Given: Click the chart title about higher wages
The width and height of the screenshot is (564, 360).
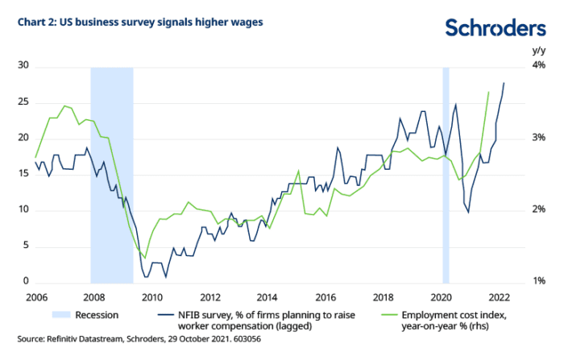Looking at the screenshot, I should (130, 22).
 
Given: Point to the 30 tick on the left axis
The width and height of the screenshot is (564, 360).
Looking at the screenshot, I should (23, 65).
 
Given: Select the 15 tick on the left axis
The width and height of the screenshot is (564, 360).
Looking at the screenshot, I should (23, 174).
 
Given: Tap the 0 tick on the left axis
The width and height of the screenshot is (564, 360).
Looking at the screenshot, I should (27, 282).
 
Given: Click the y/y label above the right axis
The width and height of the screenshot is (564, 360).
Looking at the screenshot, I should (539, 50).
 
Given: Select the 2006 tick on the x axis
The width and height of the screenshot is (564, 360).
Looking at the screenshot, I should (35, 296).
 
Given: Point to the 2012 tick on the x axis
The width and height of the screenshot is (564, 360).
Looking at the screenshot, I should (210, 296).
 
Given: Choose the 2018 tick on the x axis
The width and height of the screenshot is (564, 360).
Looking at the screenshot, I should (384, 296).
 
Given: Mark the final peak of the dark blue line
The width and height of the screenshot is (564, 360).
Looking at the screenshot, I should (504, 83).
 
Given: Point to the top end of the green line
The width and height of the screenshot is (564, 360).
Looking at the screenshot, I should (489, 92).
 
